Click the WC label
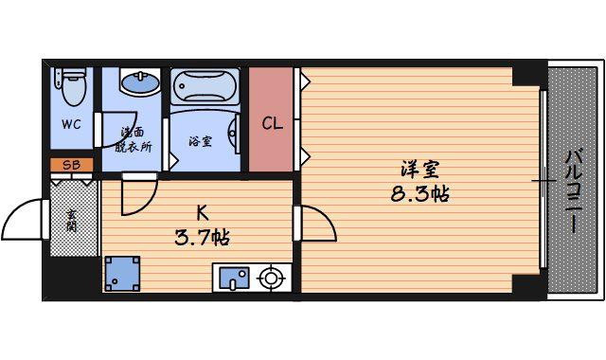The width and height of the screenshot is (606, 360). (x=72, y=124)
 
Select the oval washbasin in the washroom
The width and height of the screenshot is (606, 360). (x=140, y=82)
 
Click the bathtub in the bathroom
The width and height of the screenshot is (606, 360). (x=205, y=86)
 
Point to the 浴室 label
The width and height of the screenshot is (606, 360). (x=200, y=141)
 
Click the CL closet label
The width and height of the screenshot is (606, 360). (x=272, y=124)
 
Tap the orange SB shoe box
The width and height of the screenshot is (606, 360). (x=72, y=165)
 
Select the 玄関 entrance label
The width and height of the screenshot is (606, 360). (x=71, y=221)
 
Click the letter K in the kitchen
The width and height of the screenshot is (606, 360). (x=203, y=212)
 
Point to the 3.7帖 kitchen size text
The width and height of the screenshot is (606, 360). (x=202, y=238)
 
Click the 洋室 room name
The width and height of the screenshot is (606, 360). (x=419, y=171)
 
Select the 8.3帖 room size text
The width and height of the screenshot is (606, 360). (x=419, y=193)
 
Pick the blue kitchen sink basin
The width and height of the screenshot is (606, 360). (x=234, y=278)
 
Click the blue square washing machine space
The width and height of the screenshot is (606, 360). (x=122, y=274)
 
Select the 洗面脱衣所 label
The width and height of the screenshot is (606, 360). (x=133, y=139)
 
